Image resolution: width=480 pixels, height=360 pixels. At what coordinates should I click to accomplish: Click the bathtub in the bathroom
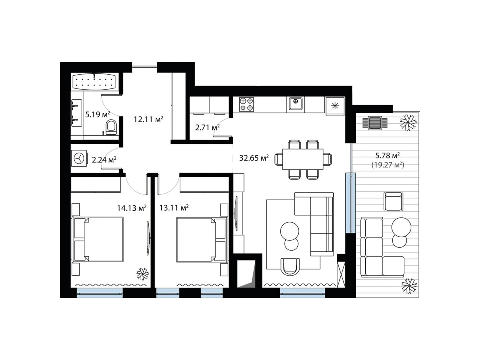click(x=94, y=82)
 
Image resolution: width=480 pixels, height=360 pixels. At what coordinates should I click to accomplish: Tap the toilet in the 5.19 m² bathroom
click(x=111, y=127)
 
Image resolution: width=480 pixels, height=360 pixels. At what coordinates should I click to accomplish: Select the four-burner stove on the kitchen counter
click(x=246, y=105)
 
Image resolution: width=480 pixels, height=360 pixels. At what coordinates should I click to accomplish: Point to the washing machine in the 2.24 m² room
click(x=79, y=158)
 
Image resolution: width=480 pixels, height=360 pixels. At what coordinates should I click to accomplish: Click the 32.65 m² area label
click(x=254, y=157)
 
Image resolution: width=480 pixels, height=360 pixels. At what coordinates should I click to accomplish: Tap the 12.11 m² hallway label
click(x=148, y=119)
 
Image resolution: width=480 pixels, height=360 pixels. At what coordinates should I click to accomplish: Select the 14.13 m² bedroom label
click(x=132, y=208)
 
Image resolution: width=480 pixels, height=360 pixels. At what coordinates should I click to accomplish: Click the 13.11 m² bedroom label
click(x=174, y=207)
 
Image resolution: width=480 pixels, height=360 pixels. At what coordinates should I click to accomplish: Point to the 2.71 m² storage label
click(x=207, y=127)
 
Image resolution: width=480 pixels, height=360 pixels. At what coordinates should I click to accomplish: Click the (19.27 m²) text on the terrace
click(x=388, y=165)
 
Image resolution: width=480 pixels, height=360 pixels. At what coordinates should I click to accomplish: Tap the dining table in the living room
click(x=303, y=159)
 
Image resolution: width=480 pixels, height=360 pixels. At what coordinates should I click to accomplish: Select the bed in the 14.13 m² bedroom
click(x=98, y=239)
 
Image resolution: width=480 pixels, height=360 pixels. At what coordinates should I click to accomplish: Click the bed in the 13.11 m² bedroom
click(x=201, y=239)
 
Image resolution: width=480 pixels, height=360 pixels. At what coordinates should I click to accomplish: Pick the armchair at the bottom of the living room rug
click(x=290, y=267)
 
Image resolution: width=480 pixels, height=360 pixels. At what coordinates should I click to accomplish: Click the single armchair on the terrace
click(x=393, y=201)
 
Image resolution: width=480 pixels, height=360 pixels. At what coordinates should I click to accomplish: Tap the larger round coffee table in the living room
click(x=289, y=231)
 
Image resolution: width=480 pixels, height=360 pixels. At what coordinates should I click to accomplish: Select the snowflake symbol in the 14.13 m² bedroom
click(x=142, y=274)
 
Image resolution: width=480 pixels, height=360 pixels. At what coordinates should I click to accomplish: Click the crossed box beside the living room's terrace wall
click(x=341, y=274)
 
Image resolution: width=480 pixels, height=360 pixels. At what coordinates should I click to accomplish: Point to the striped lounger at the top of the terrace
click(x=375, y=123)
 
